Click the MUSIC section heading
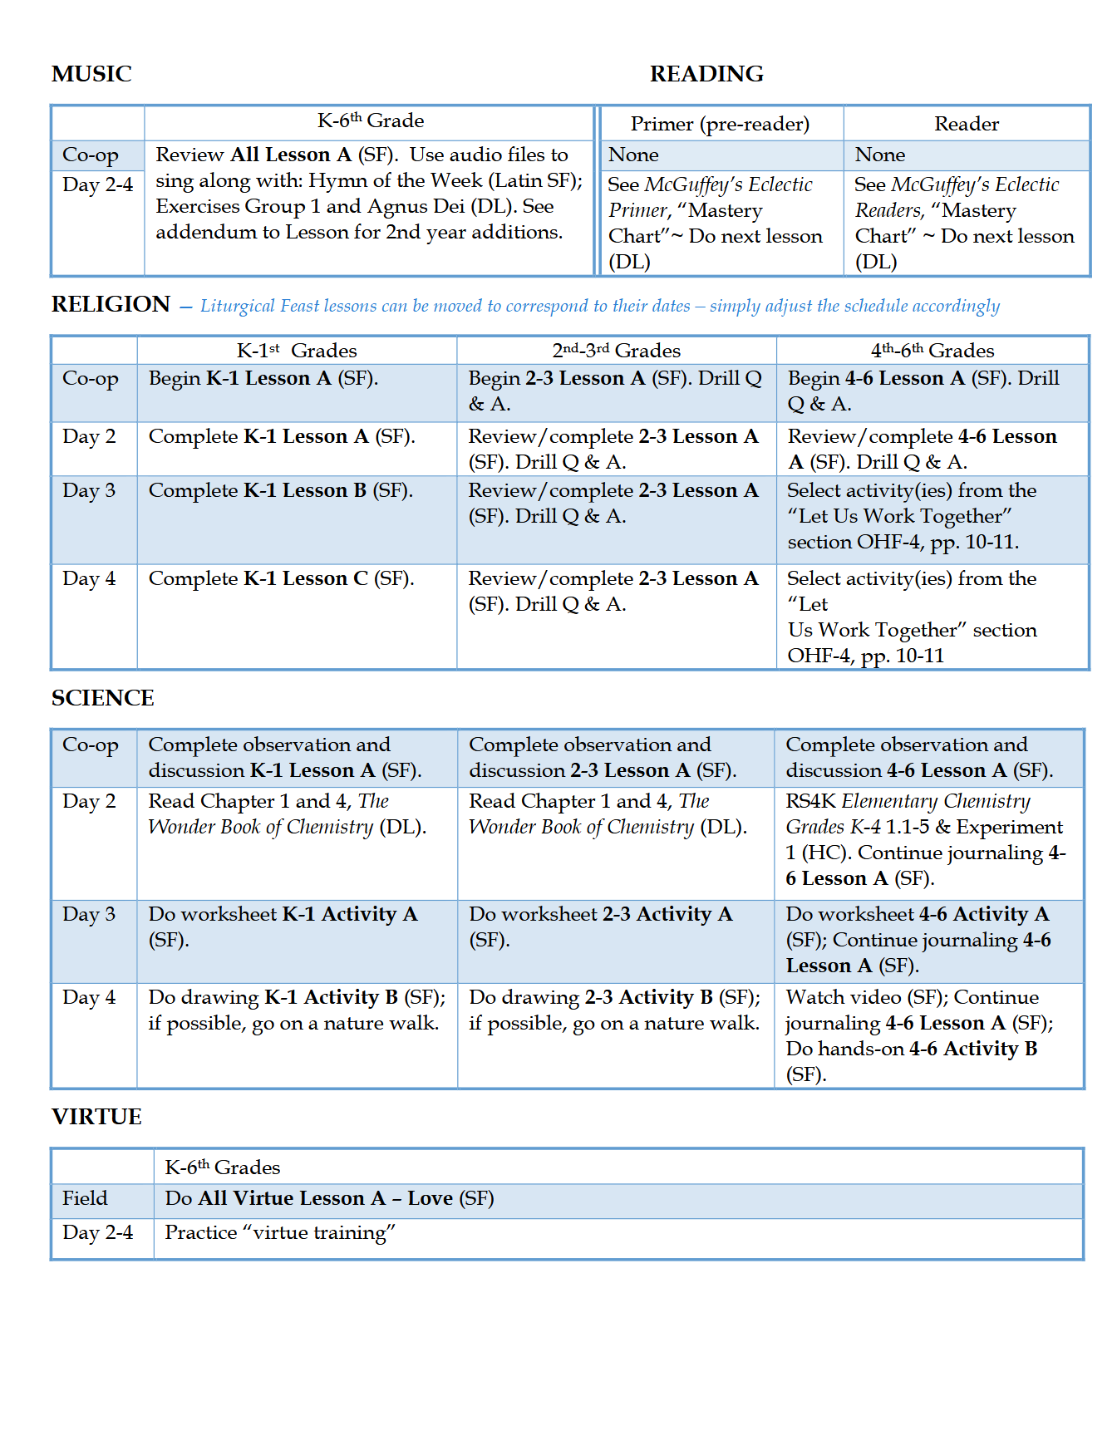[91, 74]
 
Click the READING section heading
[706, 74]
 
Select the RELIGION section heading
[111, 304]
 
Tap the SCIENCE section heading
[102, 698]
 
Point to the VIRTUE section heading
[96, 1117]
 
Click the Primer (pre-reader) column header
[720, 124]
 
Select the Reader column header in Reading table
[966, 124]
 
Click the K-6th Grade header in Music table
[370, 121]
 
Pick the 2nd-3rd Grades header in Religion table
[616, 351]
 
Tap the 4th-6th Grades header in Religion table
[932, 351]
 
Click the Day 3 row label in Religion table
[89, 490]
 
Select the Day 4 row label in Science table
[89, 997]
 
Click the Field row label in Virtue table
[85, 1198]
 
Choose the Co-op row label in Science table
[91, 745]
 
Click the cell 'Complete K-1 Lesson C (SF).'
[281, 578]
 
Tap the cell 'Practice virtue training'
[279, 1232]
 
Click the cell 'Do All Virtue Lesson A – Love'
[329, 1198]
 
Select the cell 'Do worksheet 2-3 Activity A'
[600, 927]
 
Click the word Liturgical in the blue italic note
[237, 306]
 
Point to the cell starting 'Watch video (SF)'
[919, 1035]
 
